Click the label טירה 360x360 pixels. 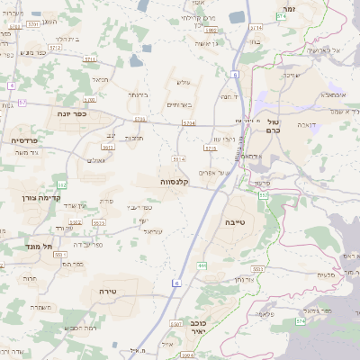[x=108, y=292]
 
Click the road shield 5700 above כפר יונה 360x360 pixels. [x=89, y=100]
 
